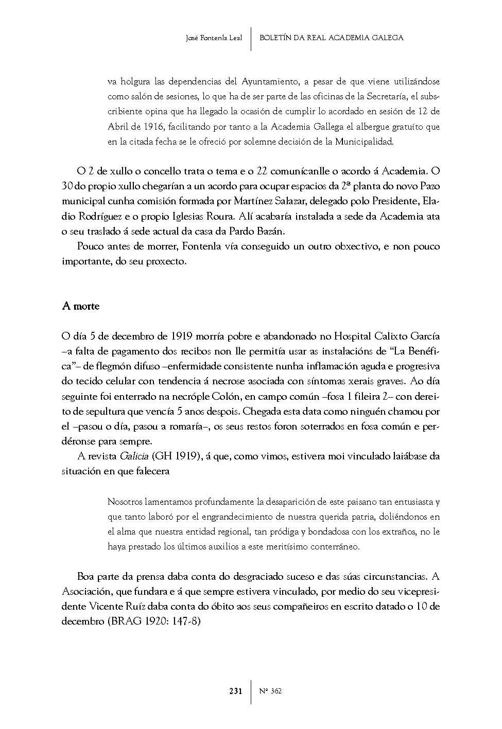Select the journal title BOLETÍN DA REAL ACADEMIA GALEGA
tap(331, 38)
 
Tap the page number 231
tap(236, 691)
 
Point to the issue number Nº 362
tap(271, 691)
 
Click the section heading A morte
tap(80, 306)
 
